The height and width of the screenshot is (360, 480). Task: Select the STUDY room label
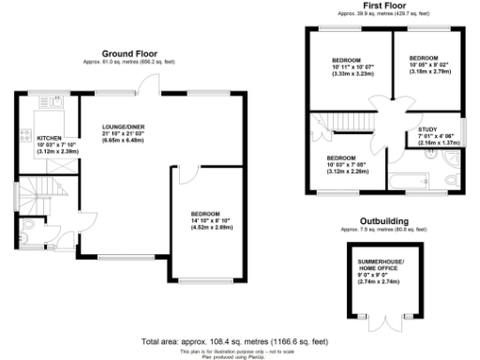(428, 128)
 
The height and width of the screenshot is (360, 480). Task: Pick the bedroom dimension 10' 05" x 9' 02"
(430, 64)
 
